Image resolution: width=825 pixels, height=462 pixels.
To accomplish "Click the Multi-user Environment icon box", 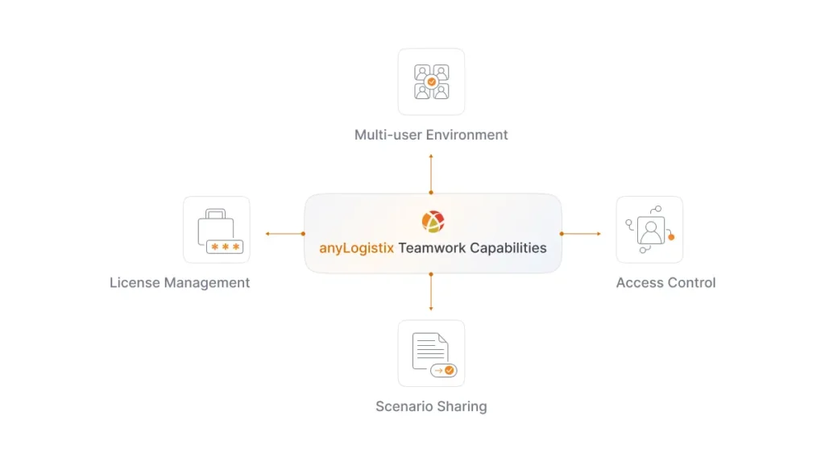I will click(x=431, y=81).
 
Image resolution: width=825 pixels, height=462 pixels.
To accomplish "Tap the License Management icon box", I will click(x=216, y=230).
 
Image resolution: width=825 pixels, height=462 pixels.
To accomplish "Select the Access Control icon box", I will click(x=649, y=230).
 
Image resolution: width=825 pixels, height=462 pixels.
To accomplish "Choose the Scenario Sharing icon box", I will click(x=431, y=353).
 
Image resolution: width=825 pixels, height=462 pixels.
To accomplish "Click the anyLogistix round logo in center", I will click(x=433, y=221).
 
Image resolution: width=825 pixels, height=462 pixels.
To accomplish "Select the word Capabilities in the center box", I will click(x=508, y=248).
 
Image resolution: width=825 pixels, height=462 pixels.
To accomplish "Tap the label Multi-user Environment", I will click(x=431, y=135).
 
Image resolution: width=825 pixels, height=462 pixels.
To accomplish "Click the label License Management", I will click(x=180, y=283).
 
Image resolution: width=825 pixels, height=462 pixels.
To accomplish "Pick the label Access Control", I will click(x=665, y=283).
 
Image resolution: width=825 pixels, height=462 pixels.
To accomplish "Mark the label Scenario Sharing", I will click(x=431, y=406).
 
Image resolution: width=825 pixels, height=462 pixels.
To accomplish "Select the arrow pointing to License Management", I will click(x=283, y=234).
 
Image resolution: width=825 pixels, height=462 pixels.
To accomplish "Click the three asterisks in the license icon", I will click(x=225, y=248).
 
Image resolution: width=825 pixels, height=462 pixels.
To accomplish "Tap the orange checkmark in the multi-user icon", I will click(x=432, y=82).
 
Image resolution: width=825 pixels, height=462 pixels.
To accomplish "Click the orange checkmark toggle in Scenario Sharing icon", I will click(x=449, y=370).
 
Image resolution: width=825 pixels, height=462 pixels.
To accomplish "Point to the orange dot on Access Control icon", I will click(x=671, y=237).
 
